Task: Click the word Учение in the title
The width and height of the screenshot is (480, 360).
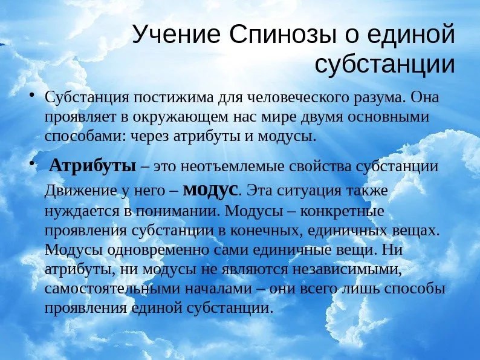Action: (x=177, y=34)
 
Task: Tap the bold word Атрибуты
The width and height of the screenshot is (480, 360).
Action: (x=92, y=166)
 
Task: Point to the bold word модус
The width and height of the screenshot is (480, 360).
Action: (x=210, y=191)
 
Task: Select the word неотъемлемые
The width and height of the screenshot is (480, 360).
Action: (x=233, y=166)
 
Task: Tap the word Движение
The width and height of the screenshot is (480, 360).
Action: (x=81, y=191)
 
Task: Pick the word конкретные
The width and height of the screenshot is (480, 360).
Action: (x=342, y=211)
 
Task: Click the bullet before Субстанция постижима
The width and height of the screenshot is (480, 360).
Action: (x=31, y=95)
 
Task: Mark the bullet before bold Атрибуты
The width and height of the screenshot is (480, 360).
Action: (x=31, y=165)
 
